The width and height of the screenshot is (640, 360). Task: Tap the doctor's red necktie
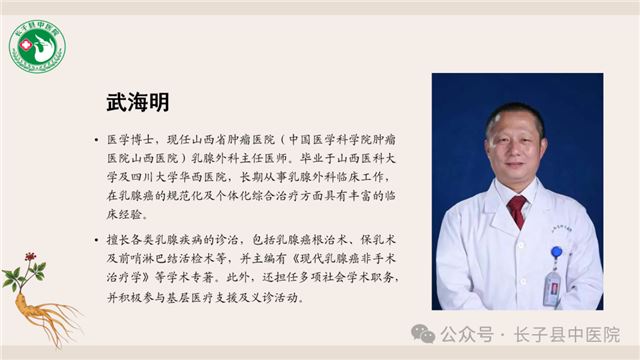(516, 210)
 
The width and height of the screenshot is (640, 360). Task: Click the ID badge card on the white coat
(552, 287)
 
